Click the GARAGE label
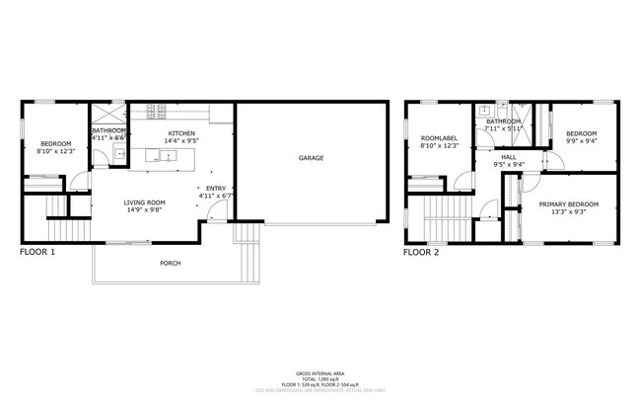point(311,158)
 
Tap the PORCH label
point(171,264)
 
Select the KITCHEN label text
point(181,133)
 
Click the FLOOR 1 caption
point(37,252)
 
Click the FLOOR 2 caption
point(421,252)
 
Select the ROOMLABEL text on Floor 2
point(437,138)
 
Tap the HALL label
point(508,156)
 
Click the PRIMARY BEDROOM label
point(568,204)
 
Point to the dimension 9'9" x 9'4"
point(580,141)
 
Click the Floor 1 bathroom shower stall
point(107,113)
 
